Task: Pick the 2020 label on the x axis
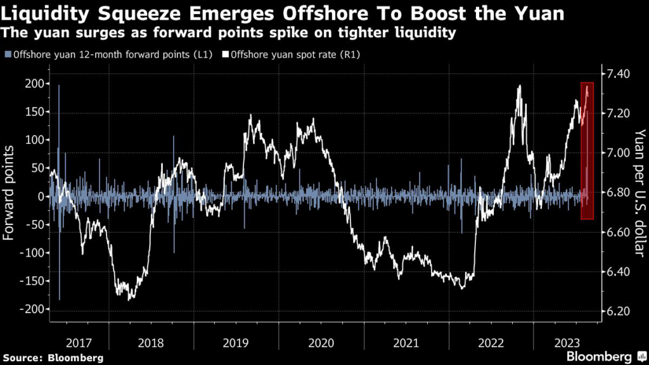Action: [x=320, y=343]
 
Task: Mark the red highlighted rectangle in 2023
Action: [x=588, y=151]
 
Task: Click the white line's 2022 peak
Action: [x=520, y=86]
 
